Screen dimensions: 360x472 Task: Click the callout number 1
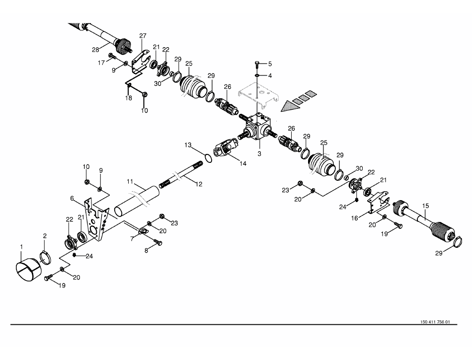[x=21, y=246]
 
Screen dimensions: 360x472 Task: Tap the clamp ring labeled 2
[x=48, y=258]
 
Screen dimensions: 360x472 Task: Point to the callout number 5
[x=270, y=64]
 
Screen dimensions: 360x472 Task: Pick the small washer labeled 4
[x=257, y=75]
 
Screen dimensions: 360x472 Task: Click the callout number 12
[x=199, y=184]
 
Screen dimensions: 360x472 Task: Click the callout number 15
[x=425, y=205]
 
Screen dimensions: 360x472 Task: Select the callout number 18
[x=129, y=99]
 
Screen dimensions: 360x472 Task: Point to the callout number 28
[x=95, y=49]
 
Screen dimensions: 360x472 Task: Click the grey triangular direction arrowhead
[x=289, y=105]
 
